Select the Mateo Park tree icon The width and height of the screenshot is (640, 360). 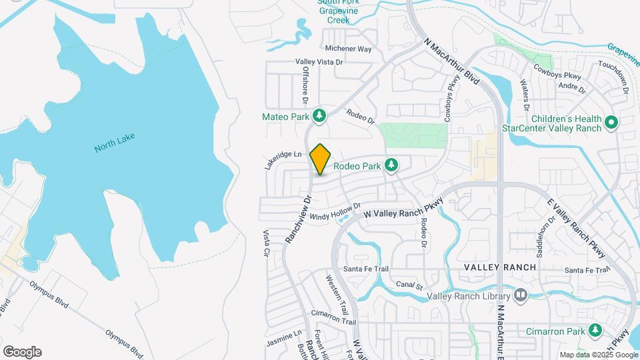(319, 117)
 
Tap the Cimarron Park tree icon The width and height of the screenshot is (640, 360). (594, 330)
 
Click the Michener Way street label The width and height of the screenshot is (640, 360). (348, 49)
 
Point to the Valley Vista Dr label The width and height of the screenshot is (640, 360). (319, 62)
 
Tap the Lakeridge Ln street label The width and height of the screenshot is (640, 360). (283, 159)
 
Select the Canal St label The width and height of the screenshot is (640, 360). (409, 286)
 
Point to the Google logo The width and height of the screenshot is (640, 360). (22, 352)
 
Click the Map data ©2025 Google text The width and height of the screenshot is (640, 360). (599, 355)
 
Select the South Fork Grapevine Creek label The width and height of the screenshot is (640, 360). (339, 12)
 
